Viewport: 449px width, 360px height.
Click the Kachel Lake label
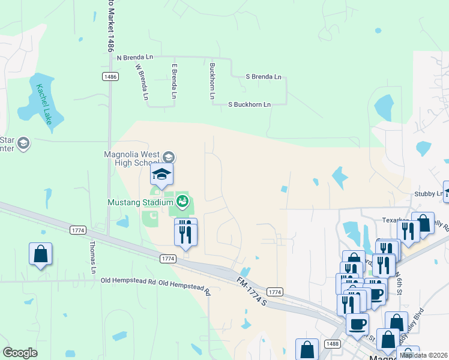[44, 103]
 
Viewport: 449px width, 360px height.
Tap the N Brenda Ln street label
[135, 57]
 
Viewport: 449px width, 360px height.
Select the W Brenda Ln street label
[142, 82]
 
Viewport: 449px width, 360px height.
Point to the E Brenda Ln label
[174, 82]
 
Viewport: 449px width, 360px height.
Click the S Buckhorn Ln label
[249, 104]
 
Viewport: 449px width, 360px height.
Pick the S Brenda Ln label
[264, 77]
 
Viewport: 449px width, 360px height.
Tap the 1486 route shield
[110, 76]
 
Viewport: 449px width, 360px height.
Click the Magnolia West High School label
[132, 158]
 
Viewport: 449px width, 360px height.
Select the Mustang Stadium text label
[140, 202]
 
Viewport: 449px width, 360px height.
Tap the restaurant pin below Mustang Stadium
[185, 232]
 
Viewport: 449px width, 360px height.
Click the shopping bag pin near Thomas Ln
[40, 254]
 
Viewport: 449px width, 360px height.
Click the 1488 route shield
[333, 343]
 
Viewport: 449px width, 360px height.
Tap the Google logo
[20, 353]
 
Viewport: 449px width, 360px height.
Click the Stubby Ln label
[427, 194]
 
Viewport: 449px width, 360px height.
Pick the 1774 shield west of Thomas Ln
[78, 230]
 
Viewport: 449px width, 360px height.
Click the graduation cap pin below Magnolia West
[161, 175]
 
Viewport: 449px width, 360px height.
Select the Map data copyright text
[423, 355]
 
